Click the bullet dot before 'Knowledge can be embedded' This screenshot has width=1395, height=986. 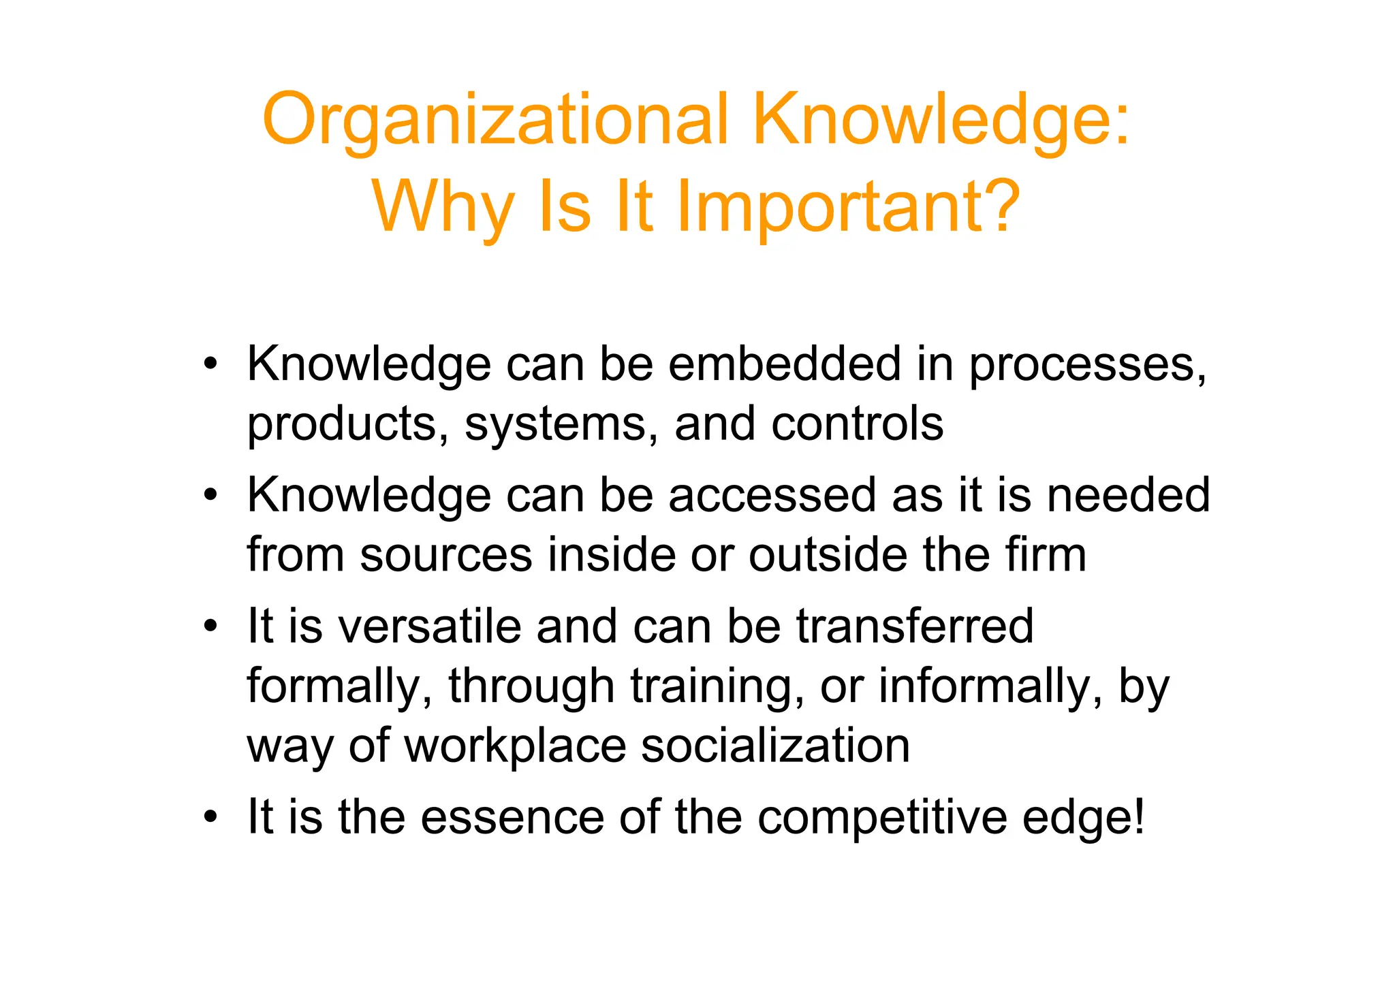[x=211, y=364]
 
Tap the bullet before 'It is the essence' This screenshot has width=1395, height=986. [x=211, y=816]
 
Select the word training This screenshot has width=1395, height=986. [x=712, y=686]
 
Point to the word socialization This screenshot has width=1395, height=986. [x=775, y=745]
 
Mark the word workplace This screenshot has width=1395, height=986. [x=515, y=746]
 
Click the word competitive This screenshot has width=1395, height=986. [x=882, y=817]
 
